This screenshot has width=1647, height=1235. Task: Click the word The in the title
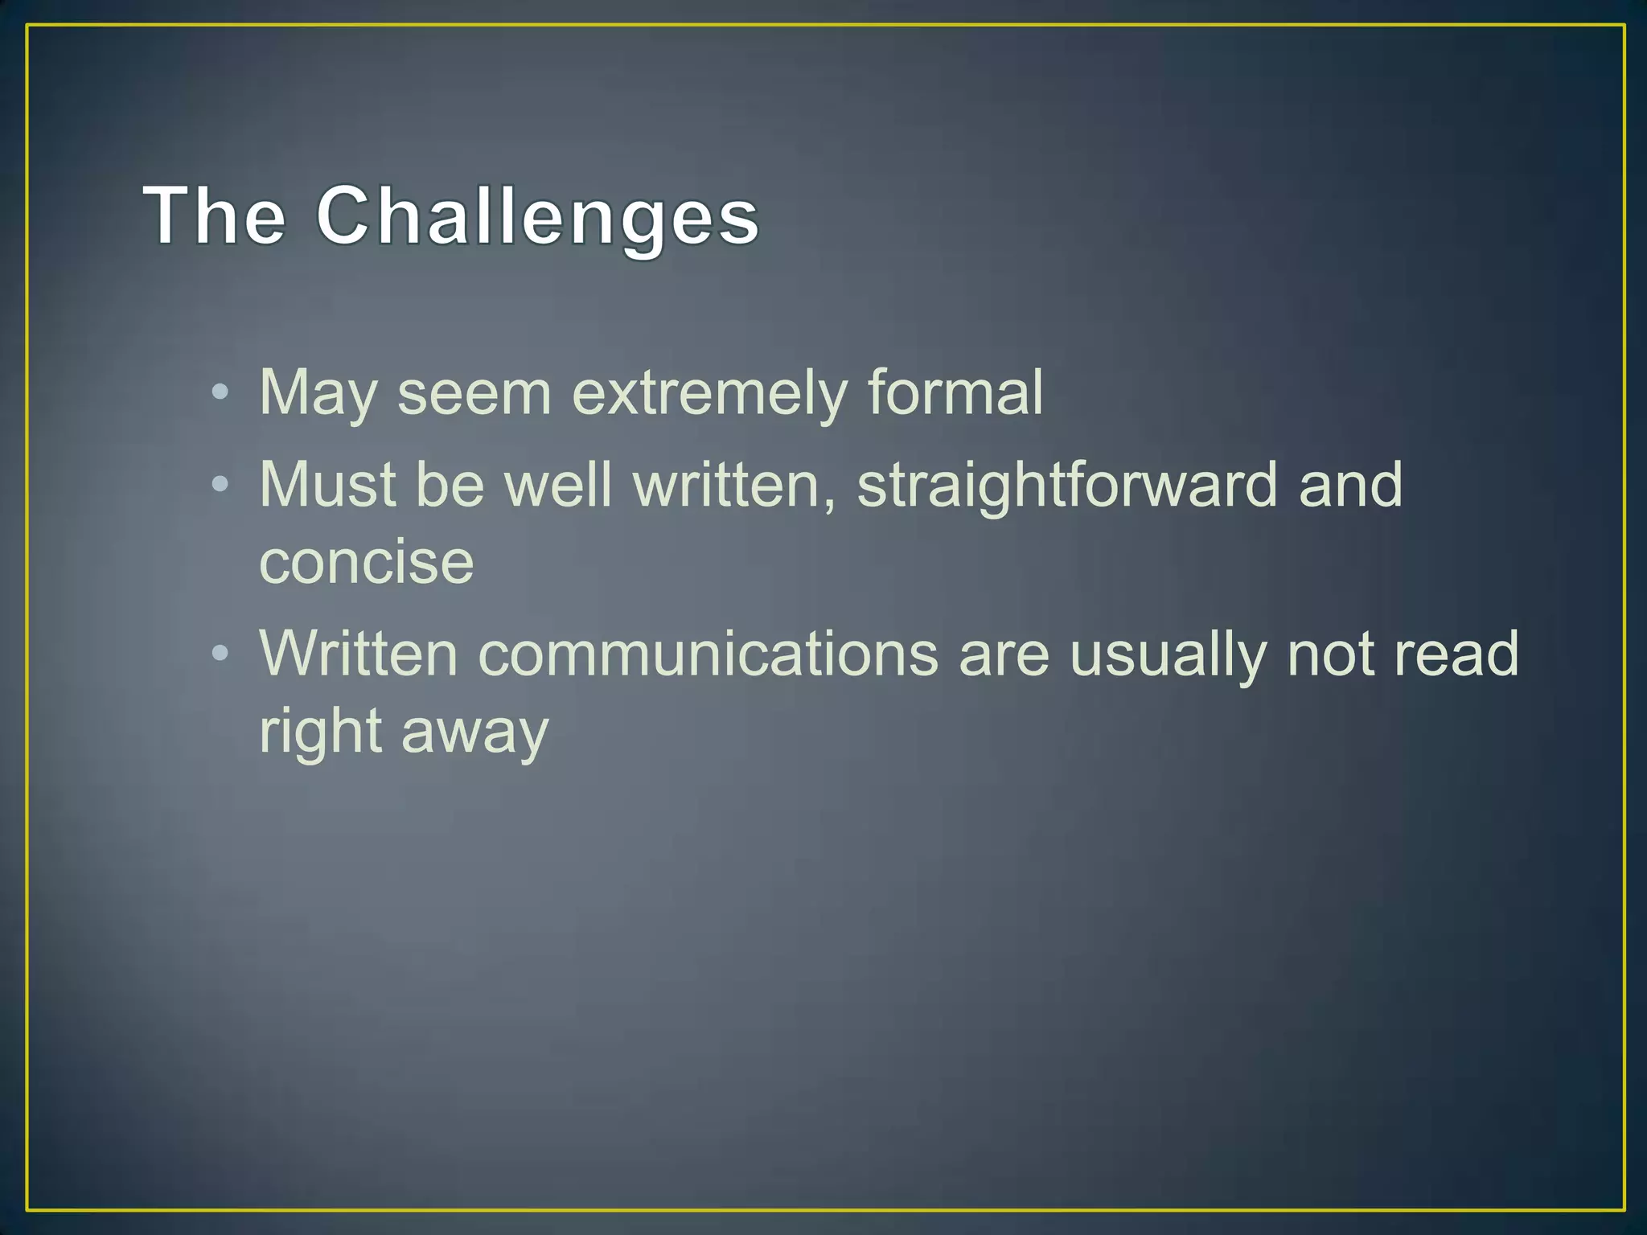tap(215, 215)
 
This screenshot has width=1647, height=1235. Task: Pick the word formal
tap(955, 392)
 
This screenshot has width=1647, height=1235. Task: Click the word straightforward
tap(1067, 485)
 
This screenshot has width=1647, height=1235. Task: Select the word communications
tap(708, 653)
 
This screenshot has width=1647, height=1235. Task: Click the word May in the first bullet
tap(318, 393)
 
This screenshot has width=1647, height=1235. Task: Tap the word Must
tap(327, 484)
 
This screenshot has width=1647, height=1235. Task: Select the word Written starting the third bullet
tap(359, 653)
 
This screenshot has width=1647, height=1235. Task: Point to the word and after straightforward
tap(1350, 484)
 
